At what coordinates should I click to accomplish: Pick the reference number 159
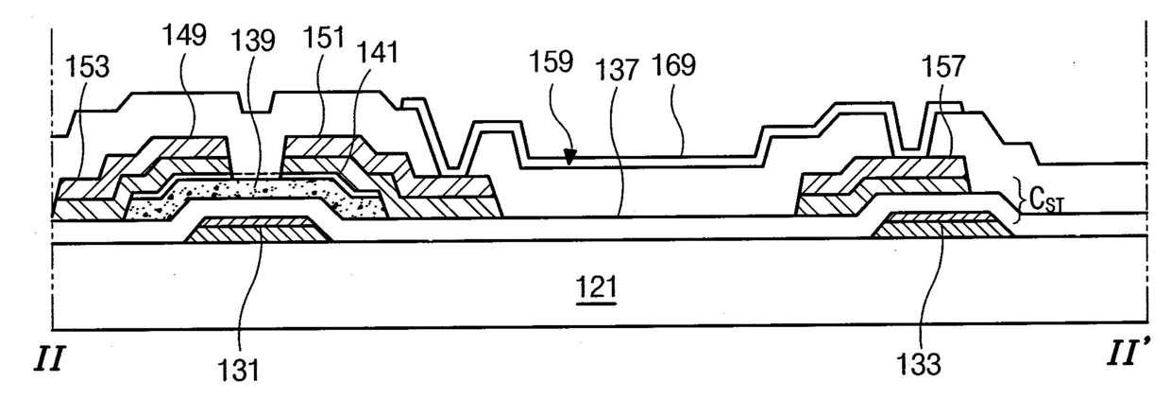pyautogui.click(x=552, y=63)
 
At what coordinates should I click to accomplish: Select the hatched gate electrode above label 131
pyautogui.click(x=255, y=230)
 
